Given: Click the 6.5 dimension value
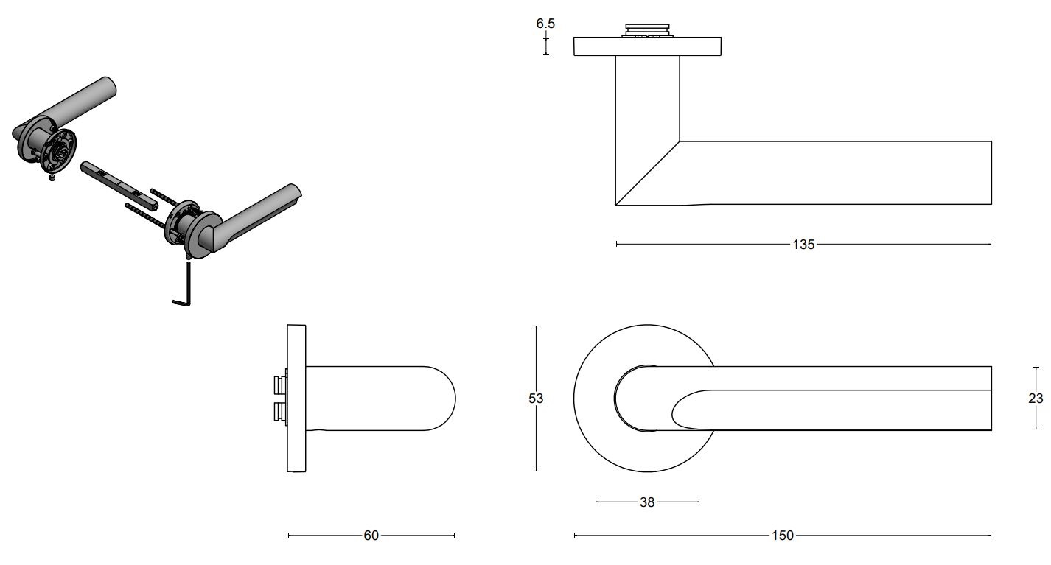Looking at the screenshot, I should point(545,24).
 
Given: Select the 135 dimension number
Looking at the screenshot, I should point(803,245).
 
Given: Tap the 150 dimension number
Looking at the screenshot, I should point(783,536).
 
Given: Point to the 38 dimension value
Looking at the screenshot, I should point(647,502).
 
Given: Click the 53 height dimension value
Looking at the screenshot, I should point(536,399).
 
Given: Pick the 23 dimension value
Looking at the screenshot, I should point(1035,399).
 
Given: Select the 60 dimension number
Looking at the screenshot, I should point(371,536).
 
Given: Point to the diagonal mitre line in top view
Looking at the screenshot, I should point(647,173).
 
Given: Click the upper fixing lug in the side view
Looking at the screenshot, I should point(280,385).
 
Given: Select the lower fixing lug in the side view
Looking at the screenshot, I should point(280,413).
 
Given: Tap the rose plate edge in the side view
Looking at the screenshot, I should point(296,399).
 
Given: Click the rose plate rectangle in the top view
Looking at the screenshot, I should point(647,46).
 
